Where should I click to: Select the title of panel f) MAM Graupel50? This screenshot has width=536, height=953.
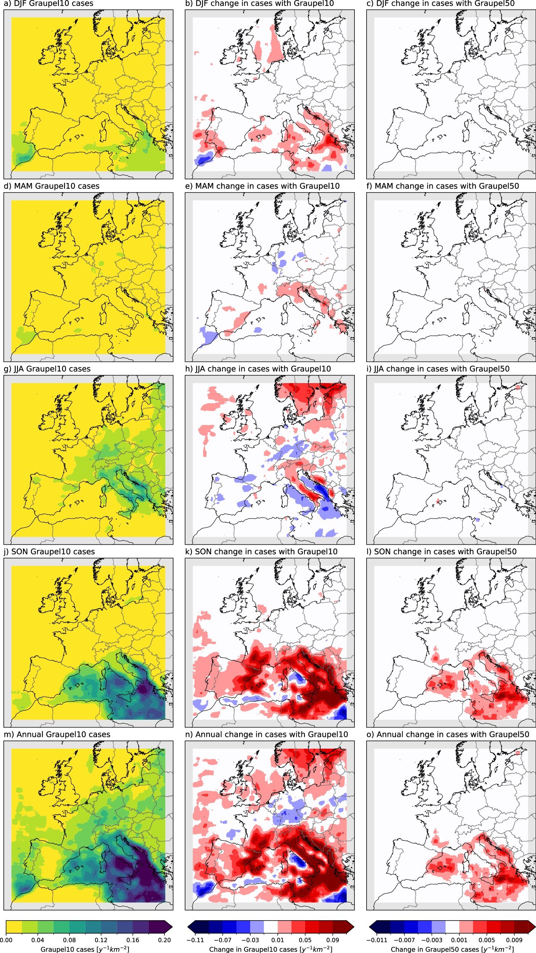pyautogui.click(x=443, y=186)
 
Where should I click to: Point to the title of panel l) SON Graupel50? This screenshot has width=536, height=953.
pyautogui.click(x=441, y=552)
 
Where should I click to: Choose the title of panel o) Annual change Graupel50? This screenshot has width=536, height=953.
pyautogui.click(x=447, y=734)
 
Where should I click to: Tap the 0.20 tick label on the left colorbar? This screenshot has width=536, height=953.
pyautogui.click(x=164, y=940)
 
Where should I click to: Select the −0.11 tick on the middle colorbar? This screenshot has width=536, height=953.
pyautogui.click(x=195, y=940)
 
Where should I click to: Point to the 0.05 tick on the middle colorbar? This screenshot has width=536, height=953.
pyautogui.click(x=305, y=940)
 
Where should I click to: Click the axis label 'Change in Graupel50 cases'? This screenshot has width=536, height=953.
pyautogui.click(x=452, y=949)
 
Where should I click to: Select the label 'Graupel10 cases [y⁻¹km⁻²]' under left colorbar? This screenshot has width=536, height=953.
pyautogui.click(x=85, y=949)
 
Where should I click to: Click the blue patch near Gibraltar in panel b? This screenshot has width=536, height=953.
pyautogui.click(x=203, y=159)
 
